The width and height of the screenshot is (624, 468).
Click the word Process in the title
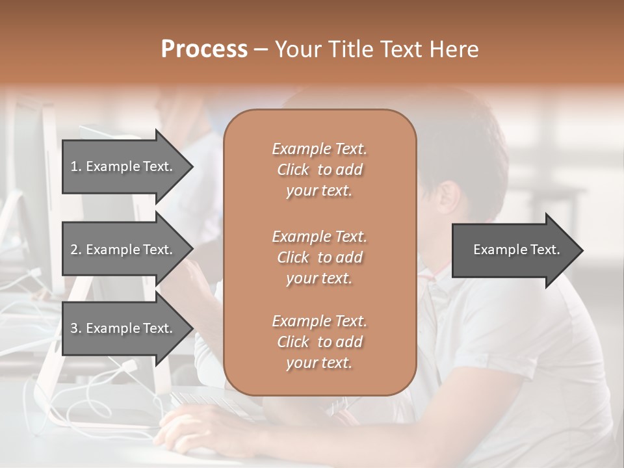204,49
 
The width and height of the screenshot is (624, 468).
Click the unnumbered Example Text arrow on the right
516,250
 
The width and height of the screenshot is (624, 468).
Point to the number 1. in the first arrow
75,166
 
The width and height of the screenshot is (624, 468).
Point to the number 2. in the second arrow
75,250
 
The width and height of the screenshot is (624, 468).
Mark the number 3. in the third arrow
75,328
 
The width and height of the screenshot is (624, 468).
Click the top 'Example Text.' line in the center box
319,149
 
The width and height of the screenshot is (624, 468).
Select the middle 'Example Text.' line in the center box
319,236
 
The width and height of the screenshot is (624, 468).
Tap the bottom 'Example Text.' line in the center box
319,321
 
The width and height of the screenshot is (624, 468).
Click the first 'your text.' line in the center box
319,191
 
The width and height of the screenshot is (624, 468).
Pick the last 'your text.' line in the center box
319,363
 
